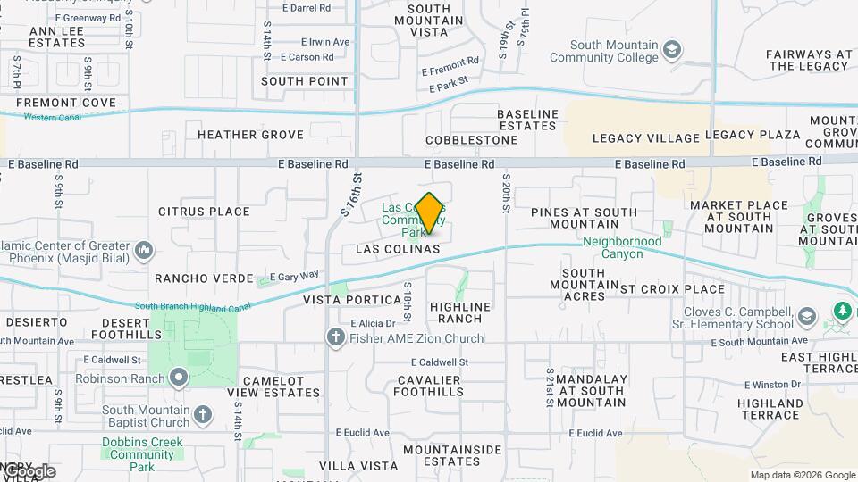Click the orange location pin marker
click(429, 212)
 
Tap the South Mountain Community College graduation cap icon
click(673, 48)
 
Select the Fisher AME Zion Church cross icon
click(335, 338)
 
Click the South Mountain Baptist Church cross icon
click(203, 414)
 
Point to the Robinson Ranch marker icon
click(179, 378)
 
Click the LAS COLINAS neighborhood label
click(398, 249)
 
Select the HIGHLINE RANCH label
click(461, 312)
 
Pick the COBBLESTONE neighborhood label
click(471, 140)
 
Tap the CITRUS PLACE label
click(204, 212)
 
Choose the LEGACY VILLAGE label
click(645, 138)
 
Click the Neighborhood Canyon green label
click(622, 247)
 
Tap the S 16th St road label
click(351, 195)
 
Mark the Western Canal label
click(48, 117)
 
